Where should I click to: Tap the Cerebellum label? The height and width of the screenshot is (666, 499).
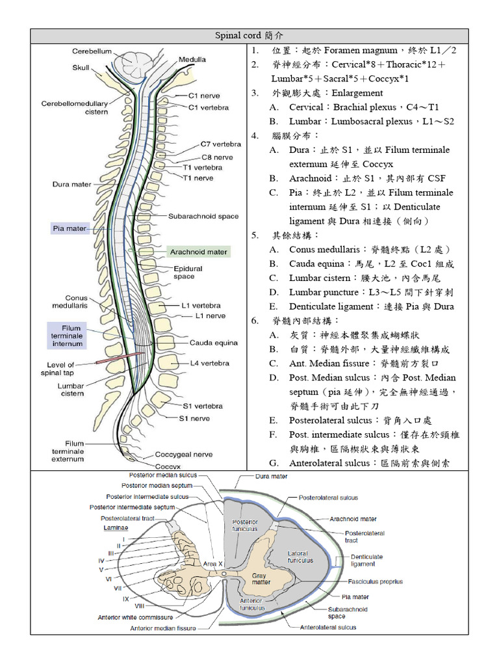point(92,51)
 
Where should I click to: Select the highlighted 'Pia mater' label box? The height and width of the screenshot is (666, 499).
point(70,228)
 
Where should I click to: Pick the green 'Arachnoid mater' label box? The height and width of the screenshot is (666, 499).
point(198,252)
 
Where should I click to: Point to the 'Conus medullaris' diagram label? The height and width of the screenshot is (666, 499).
point(70,300)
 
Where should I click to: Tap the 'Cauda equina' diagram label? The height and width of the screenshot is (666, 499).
point(214,343)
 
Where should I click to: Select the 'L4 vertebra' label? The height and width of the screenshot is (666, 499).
point(209,363)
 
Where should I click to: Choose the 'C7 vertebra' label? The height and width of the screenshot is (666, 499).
point(221,144)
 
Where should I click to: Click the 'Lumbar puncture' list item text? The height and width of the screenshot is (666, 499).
point(324,293)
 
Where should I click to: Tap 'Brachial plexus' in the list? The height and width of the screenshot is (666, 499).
point(369,107)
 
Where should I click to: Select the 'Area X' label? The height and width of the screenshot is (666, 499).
point(213,563)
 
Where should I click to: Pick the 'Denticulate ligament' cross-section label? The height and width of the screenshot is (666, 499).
point(367,561)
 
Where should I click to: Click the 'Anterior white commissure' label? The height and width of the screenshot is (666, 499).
point(135,617)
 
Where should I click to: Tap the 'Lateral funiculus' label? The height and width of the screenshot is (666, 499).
point(300,556)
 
